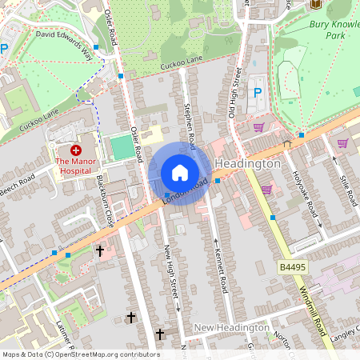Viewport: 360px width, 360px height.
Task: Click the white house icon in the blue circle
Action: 180,173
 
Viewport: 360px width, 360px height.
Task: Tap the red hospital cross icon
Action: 76,150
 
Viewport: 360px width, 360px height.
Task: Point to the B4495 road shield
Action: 294,266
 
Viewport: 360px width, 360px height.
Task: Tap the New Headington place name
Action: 232,328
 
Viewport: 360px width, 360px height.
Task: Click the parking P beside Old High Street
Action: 257,92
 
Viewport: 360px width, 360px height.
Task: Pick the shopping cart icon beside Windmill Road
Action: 266,189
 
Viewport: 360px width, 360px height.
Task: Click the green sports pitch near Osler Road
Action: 122,147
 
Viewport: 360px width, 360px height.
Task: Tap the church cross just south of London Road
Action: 100,251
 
